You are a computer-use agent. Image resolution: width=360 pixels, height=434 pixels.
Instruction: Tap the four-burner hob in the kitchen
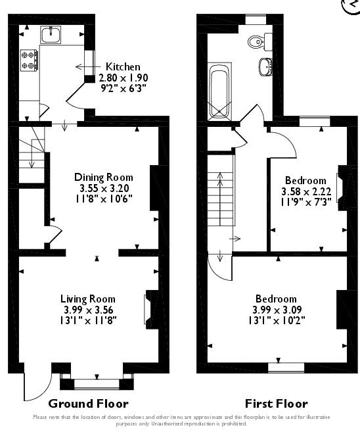click(x=29, y=60)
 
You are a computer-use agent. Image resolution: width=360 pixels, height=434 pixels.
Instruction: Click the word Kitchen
click(x=123, y=67)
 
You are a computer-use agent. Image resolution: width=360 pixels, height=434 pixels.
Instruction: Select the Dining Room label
click(x=103, y=178)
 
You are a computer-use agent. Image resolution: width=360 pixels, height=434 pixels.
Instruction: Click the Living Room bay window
click(x=96, y=379)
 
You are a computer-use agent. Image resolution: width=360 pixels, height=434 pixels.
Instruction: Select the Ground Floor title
click(x=89, y=404)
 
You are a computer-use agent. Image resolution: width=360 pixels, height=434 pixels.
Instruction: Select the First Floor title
click(x=276, y=404)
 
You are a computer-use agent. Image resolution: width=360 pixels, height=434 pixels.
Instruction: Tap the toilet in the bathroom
click(x=257, y=42)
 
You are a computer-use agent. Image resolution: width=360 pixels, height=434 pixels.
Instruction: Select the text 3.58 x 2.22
click(x=305, y=192)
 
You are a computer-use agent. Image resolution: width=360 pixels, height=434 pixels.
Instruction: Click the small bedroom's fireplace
click(x=340, y=187)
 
